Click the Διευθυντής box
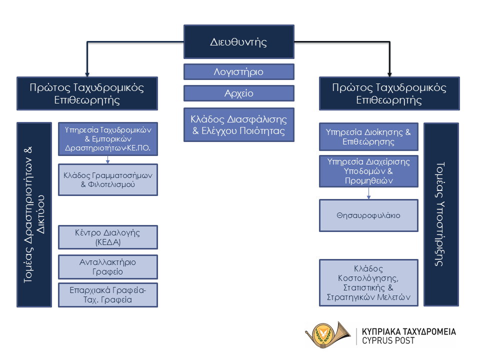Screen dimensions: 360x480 tap(239, 41)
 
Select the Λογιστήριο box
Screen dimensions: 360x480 tap(239, 72)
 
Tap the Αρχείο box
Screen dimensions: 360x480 tap(239, 93)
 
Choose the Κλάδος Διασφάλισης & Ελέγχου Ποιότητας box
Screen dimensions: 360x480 tap(239, 125)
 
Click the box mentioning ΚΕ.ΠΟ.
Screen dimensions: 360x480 tap(108, 138)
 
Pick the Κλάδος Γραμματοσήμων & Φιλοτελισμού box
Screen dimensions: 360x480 tap(108, 179)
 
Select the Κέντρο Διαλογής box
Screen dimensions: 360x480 tap(108, 237)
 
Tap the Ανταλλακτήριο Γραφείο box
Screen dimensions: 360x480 tap(108, 267)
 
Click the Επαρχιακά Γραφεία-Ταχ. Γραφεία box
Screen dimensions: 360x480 tap(108, 295)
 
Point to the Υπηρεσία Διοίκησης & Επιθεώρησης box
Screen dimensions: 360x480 tap(368, 137)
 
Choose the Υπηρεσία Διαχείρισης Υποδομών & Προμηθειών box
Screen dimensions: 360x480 tap(368, 171)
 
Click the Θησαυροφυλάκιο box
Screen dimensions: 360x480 tap(368, 215)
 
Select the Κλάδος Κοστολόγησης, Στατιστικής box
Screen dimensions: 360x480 tap(368, 282)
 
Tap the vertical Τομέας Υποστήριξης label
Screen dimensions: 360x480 tap(441, 214)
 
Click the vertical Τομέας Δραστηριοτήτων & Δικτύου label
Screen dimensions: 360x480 tap(34, 214)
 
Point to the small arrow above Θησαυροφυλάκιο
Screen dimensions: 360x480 tap(369, 193)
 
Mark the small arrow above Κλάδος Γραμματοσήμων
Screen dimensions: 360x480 tap(108, 159)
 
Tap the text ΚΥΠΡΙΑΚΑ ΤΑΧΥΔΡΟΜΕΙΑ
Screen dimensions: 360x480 tap(408, 331)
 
